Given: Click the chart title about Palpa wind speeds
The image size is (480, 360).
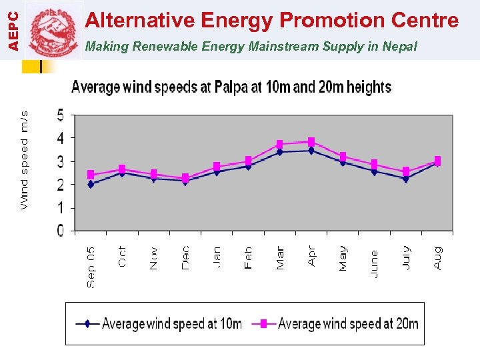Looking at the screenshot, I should (x=231, y=87).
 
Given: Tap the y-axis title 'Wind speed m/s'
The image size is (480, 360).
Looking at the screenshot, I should (x=25, y=159).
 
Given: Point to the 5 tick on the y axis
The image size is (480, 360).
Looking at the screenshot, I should (x=61, y=115).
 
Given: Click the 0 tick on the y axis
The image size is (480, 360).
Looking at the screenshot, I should (x=61, y=231).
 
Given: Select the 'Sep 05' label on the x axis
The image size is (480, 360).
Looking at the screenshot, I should (x=91, y=267).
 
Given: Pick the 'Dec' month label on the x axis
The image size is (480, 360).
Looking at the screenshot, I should (x=185, y=257).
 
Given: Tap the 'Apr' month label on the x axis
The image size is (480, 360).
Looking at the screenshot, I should (x=311, y=256).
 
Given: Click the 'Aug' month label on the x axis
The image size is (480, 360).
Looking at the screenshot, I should (x=437, y=257).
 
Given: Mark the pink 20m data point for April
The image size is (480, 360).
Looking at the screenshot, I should (x=311, y=141).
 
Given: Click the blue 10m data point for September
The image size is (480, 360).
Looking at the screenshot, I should (x=91, y=184).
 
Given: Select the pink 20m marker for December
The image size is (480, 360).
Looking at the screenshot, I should (x=185, y=178).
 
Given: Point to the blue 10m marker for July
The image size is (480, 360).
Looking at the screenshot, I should (x=406, y=179).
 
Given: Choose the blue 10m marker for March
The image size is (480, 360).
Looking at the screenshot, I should (x=280, y=152).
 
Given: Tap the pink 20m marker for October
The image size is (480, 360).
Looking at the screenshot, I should (x=122, y=169).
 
